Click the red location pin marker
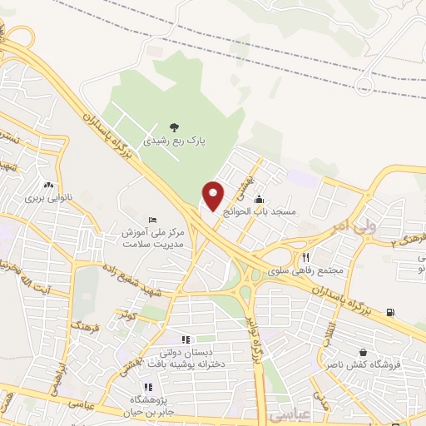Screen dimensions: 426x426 click(214, 196)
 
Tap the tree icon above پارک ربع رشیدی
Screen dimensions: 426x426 click(174, 126)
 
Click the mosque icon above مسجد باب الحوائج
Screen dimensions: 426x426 click(260, 200)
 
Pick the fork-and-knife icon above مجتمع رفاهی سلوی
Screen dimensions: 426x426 click(306, 257)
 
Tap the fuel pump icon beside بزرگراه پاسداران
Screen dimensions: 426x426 click(390, 313)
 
